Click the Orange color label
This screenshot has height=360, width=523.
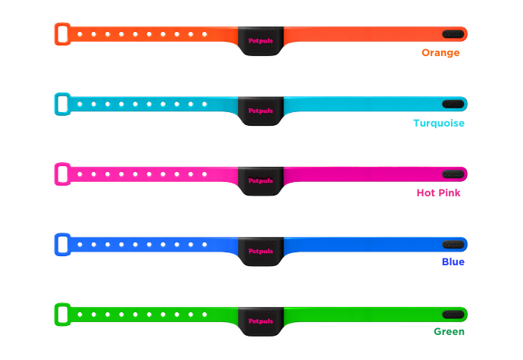(440, 53)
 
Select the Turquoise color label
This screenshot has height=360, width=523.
(439, 123)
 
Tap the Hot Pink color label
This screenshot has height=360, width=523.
(438, 193)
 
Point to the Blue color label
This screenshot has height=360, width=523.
(453, 262)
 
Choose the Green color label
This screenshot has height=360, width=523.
(449, 331)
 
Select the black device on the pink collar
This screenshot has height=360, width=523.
(261, 180)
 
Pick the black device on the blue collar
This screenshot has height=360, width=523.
(261, 250)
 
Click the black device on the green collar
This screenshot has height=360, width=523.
(261, 320)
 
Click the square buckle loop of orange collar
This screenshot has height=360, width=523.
(63, 34)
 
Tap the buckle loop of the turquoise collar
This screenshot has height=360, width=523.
(63, 104)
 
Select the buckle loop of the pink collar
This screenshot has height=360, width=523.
(63, 174)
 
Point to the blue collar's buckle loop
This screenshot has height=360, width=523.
(63, 243)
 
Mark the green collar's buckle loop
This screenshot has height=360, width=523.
(63, 313)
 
